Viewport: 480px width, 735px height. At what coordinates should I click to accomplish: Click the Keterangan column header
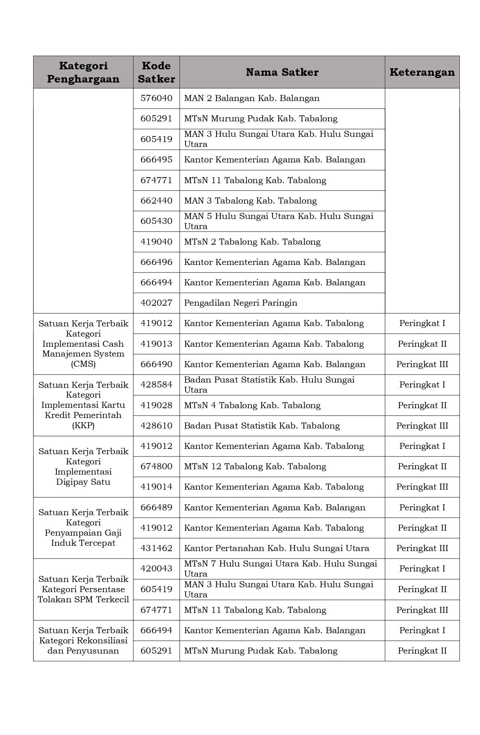click(422, 72)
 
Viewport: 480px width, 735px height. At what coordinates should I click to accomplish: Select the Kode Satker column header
click(156, 72)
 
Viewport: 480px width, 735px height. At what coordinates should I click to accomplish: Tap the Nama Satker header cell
click(282, 72)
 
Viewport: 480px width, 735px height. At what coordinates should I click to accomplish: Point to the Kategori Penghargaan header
click(83, 72)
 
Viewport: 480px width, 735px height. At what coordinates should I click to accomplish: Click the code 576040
click(156, 98)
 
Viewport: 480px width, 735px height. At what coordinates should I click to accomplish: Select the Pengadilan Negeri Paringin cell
click(241, 303)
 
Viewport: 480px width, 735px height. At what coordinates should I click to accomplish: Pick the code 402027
click(156, 303)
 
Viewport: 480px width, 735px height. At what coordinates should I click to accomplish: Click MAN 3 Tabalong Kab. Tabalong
click(250, 201)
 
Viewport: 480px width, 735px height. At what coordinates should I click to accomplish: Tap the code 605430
click(156, 221)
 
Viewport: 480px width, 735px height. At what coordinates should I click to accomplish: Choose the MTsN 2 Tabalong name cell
click(252, 242)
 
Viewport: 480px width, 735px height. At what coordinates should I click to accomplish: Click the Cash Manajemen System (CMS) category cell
click(83, 344)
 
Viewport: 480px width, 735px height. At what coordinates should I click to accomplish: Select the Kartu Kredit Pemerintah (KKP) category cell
click(83, 405)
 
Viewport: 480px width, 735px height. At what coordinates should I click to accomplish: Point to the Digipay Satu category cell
click(83, 467)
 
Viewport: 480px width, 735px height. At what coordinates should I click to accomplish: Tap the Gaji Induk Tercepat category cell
click(83, 528)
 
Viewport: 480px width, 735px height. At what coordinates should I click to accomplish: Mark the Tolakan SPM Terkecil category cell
click(83, 589)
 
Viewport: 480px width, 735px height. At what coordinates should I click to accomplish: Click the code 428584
click(156, 385)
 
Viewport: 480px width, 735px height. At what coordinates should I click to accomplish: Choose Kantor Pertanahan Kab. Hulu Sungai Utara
click(277, 548)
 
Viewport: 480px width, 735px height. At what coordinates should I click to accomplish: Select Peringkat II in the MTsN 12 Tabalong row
click(422, 467)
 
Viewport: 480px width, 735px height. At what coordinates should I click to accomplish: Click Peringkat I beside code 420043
click(422, 569)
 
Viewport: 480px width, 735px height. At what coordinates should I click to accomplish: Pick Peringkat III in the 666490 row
click(422, 364)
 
